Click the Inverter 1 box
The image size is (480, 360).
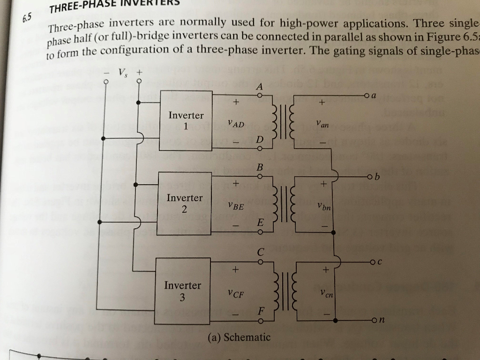click(x=186, y=120)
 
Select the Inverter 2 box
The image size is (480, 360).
click(x=184, y=203)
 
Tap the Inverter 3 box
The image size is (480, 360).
click(x=182, y=291)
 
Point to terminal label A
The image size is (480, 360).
click(x=259, y=86)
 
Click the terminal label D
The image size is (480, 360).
click(x=259, y=140)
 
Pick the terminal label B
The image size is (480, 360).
click(x=260, y=167)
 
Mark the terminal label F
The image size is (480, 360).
click(x=261, y=311)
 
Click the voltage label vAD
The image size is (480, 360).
click(x=236, y=124)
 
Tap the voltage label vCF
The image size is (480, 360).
click(x=236, y=294)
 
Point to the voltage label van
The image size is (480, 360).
click(x=322, y=125)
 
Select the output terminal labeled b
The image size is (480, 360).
click(x=377, y=177)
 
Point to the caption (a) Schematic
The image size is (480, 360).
click(x=239, y=337)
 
